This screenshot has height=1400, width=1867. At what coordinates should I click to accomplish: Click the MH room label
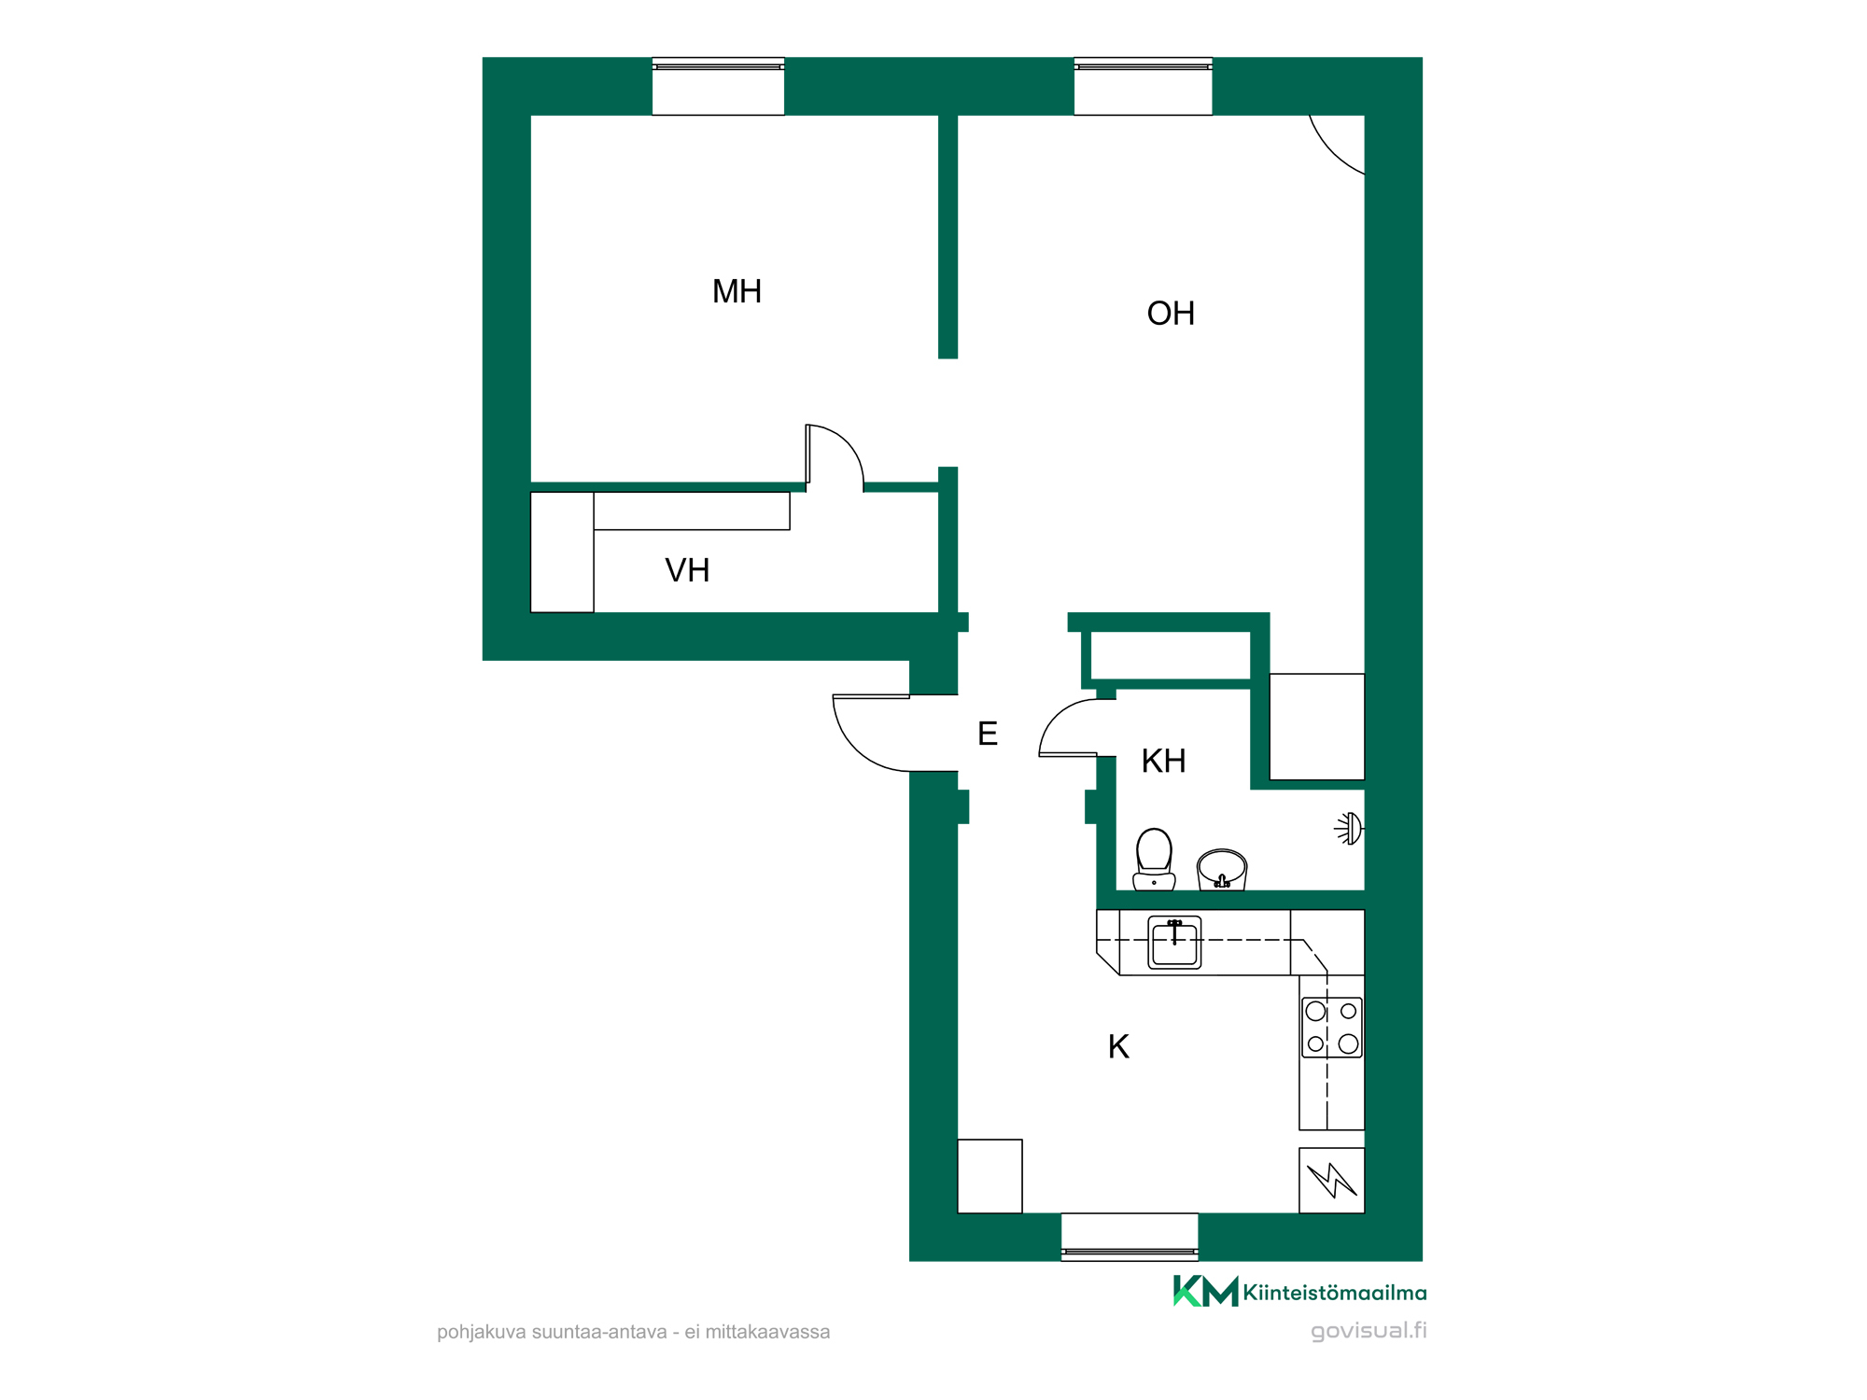coord(737,291)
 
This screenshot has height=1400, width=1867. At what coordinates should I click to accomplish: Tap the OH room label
coord(1171,314)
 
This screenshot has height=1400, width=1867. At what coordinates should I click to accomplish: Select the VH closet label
coord(687,570)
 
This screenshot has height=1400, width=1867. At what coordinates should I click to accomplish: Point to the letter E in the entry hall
coord(988,734)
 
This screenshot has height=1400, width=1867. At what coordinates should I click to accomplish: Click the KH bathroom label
coord(1163,761)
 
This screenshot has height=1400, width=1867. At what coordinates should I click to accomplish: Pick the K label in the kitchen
coord(1118,1046)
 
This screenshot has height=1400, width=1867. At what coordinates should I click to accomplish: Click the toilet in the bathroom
coord(1154,860)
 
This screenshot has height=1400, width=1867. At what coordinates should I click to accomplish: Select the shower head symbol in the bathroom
coord(1349,829)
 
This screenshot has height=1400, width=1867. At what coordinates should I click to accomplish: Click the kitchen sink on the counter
coord(1174,943)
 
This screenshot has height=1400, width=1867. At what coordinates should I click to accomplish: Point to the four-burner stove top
coord(1332,1028)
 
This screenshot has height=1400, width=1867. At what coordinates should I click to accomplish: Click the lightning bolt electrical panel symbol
coord(1332,1181)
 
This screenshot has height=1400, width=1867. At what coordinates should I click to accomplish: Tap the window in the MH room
coord(718,86)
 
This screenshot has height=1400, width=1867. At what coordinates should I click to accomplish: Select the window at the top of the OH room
coord(1143,86)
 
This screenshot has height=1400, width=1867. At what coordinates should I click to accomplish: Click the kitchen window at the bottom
coord(1130,1237)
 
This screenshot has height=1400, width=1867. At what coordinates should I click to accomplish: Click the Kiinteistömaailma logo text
coord(1335,1293)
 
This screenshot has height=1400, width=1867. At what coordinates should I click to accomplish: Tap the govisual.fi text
coord(1369,1330)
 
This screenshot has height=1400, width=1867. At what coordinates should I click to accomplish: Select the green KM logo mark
coord(1205,1291)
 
